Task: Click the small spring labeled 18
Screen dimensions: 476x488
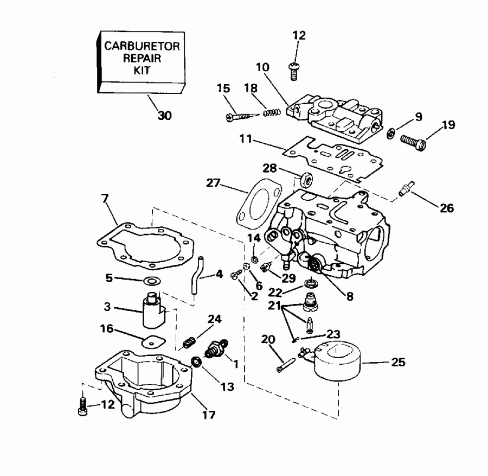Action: (x=269, y=113)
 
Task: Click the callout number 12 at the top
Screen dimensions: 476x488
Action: (x=299, y=36)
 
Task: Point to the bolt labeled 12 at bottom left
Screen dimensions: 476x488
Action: (x=81, y=407)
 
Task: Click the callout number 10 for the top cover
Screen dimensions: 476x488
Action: (x=262, y=67)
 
